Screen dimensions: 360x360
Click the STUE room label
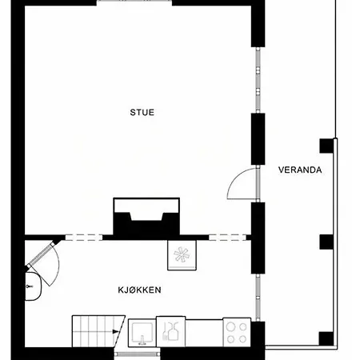(x=142, y=112)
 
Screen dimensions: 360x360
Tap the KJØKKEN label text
(x=139, y=290)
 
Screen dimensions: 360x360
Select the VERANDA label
(x=300, y=170)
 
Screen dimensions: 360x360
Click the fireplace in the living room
(x=146, y=217)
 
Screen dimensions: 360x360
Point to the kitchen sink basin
(x=142, y=333)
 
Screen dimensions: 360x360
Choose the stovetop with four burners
(x=237, y=332)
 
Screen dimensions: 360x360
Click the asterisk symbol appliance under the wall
(x=182, y=255)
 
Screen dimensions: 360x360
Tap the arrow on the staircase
(x=115, y=332)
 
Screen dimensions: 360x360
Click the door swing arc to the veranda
(x=235, y=178)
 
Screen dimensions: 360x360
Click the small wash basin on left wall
(x=32, y=286)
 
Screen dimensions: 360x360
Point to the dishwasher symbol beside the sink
(x=170, y=332)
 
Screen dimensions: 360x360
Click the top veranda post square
(x=326, y=146)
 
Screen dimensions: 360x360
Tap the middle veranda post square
(x=326, y=242)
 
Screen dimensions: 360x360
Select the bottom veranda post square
(x=326, y=338)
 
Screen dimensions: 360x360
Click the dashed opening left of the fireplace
(x=84, y=238)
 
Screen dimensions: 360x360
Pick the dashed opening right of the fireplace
(x=227, y=238)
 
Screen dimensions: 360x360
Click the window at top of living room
(x=134, y=2)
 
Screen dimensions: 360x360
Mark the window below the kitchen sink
(x=137, y=354)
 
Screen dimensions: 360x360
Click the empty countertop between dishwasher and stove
(x=204, y=333)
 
